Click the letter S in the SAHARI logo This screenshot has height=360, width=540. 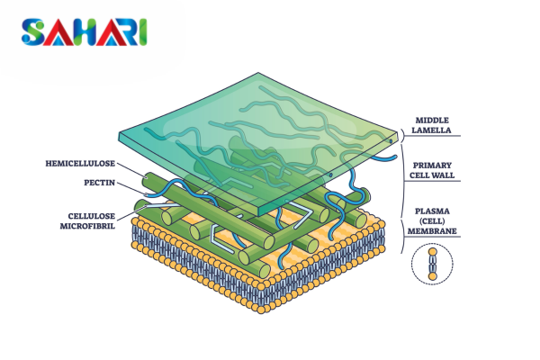pos(32,32)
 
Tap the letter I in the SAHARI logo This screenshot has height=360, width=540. pos(143,32)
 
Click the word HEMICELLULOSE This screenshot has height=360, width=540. pos(80,163)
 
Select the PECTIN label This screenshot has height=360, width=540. pos(100,183)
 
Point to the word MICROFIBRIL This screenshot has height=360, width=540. pos(87,226)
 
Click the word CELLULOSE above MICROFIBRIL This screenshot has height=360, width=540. pos(92,216)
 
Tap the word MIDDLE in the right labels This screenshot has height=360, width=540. pos(432,121)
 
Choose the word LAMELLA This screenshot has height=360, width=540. pos(431,130)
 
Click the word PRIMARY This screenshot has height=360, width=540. pos(432,166)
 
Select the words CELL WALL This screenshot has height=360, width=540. pos(432,175)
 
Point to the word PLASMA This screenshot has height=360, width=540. pos(432,211)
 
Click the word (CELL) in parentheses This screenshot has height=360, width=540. pos(432,221)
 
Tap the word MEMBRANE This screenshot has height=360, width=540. pos(432,231)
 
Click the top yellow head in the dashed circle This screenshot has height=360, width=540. pos(433,252)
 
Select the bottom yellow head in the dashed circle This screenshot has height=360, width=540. pos(433,276)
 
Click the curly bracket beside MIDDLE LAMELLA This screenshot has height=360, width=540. pos(402,136)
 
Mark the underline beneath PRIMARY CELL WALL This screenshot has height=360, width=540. pos(432,181)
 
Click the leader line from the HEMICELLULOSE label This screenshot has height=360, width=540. pos(132,170)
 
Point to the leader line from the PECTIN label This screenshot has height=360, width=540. pos(130,188)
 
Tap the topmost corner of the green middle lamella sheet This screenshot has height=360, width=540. pos(258,73)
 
